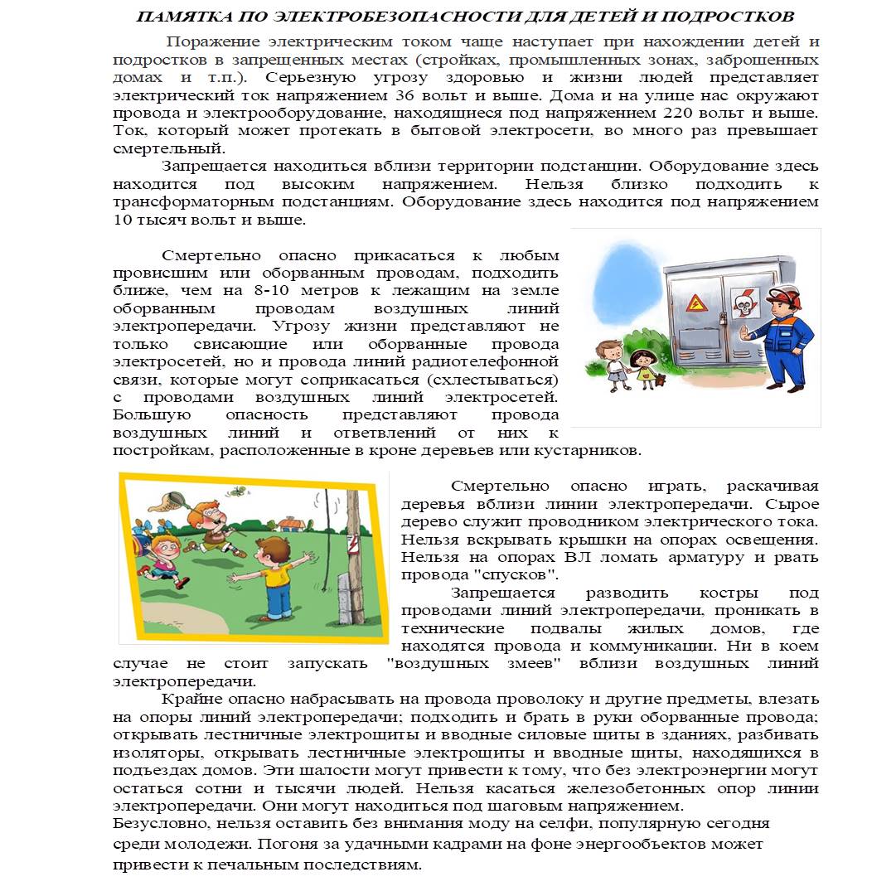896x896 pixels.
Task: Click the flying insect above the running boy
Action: pos(238,491)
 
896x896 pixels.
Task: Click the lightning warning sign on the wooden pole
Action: pos(351,544)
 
